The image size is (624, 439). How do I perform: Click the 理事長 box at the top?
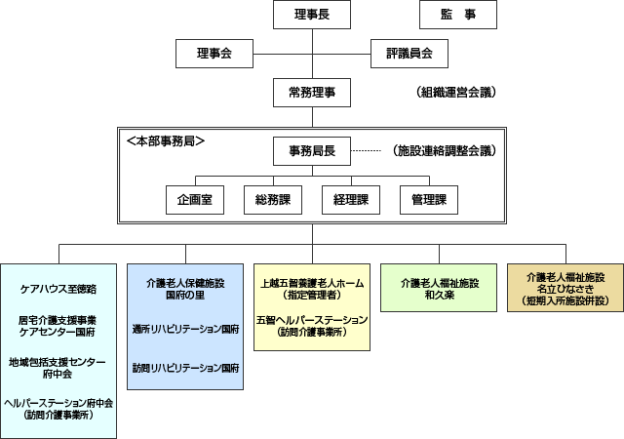(312, 15)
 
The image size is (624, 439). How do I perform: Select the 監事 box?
(457, 15)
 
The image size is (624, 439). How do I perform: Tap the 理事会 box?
(214, 53)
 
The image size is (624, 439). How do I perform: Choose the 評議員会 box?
(409, 53)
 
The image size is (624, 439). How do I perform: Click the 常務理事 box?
(312, 93)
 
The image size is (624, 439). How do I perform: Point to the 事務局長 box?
(312, 151)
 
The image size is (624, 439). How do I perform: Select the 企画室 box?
(195, 199)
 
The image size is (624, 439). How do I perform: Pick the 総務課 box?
(273, 199)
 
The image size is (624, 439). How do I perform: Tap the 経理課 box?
(351, 199)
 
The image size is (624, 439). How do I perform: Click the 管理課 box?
(429, 199)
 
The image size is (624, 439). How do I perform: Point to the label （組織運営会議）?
(455, 93)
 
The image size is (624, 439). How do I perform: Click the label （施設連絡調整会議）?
(444, 151)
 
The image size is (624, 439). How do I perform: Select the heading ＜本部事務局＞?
(166, 140)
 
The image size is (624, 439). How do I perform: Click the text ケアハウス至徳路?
(58, 290)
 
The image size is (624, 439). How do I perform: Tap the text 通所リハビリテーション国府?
(185, 330)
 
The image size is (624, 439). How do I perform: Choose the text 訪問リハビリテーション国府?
(185, 368)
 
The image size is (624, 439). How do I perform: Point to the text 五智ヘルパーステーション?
(312, 320)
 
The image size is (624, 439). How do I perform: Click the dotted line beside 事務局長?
(365, 151)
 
